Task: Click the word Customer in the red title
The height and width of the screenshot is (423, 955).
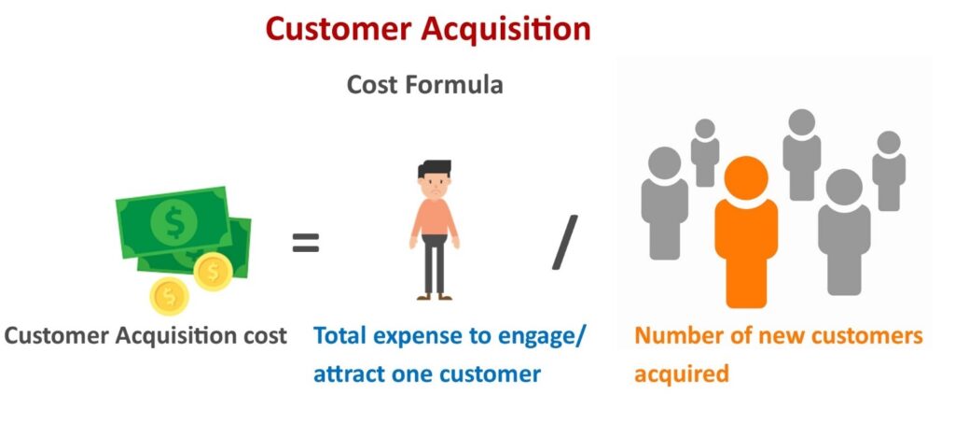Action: (x=338, y=29)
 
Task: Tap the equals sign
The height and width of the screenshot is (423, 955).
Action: (x=306, y=242)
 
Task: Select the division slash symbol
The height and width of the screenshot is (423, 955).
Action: (x=564, y=242)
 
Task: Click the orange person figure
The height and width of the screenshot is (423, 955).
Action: (x=746, y=232)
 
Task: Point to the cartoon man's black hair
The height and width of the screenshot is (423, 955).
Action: (x=435, y=168)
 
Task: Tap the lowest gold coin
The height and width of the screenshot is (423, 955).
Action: (x=170, y=296)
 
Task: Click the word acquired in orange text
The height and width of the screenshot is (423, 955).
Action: (x=682, y=374)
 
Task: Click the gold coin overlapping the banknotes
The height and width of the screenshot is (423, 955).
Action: (x=214, y=271)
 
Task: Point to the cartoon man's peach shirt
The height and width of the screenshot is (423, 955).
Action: (x=435, y=218)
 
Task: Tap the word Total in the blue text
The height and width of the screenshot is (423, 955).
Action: (x=339, y=335)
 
